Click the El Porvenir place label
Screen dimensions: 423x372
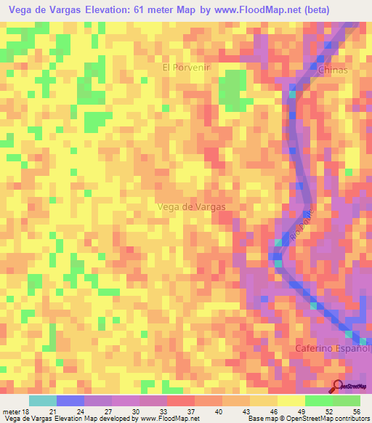[x=187, y=68]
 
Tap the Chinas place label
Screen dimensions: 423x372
[x=333, y=70]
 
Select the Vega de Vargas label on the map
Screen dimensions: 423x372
[x=191, y=206]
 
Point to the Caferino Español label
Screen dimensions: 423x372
[x=332, y=349]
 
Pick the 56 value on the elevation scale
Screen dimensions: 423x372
[x=356, y=411]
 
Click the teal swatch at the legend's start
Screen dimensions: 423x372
[x=42, y=400]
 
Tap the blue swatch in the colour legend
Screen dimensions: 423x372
[x=70, y=400]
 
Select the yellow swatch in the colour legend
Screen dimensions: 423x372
[x=291, y=400]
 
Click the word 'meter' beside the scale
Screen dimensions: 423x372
[x=12, y=411]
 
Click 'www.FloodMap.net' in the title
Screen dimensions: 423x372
[x=243, y=10]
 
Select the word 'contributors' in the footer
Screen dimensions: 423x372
[x=351, y=419]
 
